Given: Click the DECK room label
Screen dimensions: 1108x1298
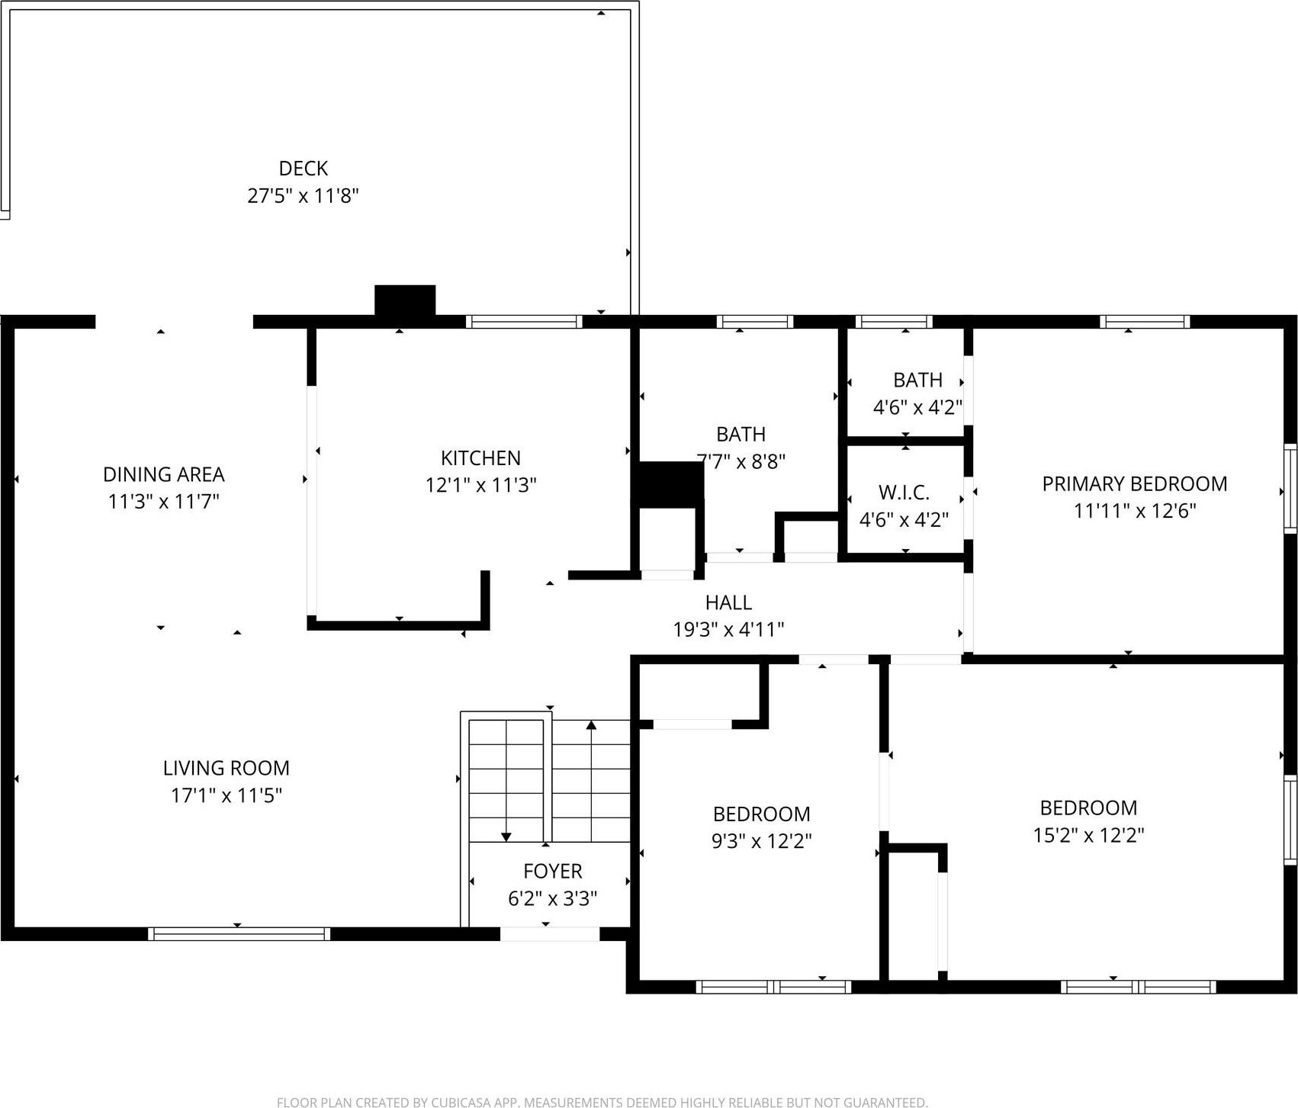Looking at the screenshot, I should pyautogui.click(x=303, y=168).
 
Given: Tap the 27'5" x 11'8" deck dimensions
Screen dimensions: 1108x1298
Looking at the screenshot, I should pyautogui.click(x=303, y=196).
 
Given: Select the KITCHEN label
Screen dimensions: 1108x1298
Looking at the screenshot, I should pyautogui.click(x=480, y=458).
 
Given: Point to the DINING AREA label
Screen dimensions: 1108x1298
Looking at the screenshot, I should pyautogui.click(x=163, y=474).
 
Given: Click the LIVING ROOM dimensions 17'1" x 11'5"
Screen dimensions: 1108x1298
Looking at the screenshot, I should pyautogui.click(x=226, y=795).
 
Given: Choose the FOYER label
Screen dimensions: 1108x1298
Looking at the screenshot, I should pyautogui.click(x=552, y=871).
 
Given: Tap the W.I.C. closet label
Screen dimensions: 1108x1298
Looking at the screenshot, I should pyautogui.click(x=904, y=493).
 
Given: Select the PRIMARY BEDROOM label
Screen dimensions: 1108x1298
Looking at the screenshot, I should pyautogui.click(x=1134, y=483).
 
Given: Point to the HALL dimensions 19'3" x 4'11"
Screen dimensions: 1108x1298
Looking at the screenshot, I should pyautogui.click(x=728, y=629).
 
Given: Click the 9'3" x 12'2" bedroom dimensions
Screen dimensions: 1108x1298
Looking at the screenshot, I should pyautogui.click(x=761, y=841).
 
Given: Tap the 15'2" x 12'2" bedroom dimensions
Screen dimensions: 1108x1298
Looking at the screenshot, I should pyautogui.click(x=1088, y=835).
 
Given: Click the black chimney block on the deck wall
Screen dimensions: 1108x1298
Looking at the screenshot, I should pyautogui.click(x=405, y=300).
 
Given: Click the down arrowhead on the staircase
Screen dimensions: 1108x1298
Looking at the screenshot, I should pyautogui.click(x=506, y=837).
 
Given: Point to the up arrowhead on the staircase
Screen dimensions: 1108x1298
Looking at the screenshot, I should pyautogui.click(x=591, y=725).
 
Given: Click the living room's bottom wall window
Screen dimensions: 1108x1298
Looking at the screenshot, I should pyautogui.click(x=239, y=933).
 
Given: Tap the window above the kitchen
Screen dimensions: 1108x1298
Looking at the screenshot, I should pyautogui.click(x=523, y=322).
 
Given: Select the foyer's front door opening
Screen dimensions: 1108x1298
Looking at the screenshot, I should pyautogui.click(x=549, y=933).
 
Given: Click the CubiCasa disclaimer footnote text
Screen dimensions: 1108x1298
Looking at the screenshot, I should pyautogui.click(x=602, y=1102).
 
